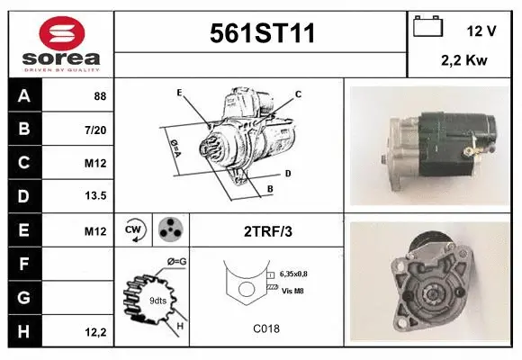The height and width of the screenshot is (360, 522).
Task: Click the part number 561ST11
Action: [262, 33]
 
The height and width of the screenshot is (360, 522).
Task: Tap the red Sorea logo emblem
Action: [62, 33]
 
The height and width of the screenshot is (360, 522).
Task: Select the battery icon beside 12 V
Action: [427, 26]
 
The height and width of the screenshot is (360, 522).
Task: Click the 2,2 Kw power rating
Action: [463, 60]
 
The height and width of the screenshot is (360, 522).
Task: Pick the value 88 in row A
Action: [100, 96]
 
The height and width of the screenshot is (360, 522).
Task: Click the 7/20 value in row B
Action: [95, 130]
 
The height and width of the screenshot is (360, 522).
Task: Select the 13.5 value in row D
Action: [95, 196]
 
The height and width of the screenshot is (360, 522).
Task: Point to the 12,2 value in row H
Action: [95, 332]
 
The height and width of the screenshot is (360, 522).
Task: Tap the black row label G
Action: [24, 297]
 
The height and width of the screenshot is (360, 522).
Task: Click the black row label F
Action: [24, 264]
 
